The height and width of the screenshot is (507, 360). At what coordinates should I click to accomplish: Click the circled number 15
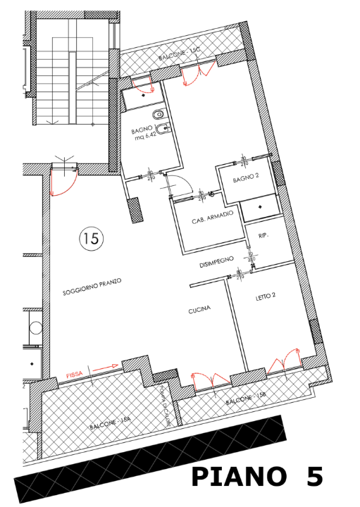[x=91, y=238]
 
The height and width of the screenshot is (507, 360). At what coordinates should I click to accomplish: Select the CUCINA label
[x=200, y=311]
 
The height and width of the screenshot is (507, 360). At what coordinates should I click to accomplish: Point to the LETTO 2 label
[x=265, y=296]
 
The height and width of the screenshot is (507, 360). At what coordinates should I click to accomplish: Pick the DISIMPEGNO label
[x=216, y=262]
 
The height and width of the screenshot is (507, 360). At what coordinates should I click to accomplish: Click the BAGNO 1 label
[x=142, y=130]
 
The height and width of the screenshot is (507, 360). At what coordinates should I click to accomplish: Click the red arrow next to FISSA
[x=103, y=367]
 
